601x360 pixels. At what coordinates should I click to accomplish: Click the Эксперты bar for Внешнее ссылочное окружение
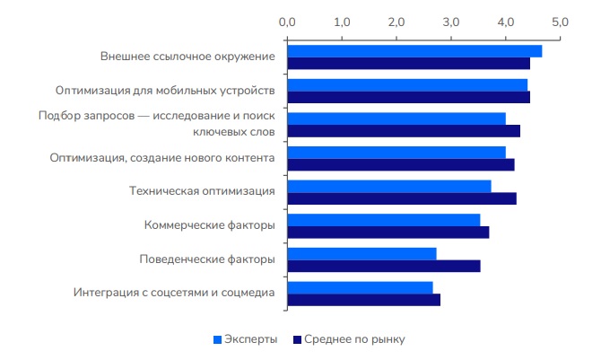(414, 50)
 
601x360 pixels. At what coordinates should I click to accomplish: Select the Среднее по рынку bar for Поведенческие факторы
(384, 266)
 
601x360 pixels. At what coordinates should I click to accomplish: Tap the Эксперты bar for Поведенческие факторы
(361, 253)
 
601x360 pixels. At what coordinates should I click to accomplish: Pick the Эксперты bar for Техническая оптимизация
(389, 186)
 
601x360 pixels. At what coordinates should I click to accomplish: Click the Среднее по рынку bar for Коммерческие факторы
(388, 233)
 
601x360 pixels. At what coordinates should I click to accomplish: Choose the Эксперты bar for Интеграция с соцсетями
(360, 287)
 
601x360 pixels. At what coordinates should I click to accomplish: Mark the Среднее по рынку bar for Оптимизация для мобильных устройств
(409, 97)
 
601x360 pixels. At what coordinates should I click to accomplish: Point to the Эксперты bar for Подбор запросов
(396, 119)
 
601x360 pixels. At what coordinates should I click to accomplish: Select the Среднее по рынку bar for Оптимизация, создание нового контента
(401, 164)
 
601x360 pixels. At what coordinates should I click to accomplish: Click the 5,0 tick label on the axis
(561, 21)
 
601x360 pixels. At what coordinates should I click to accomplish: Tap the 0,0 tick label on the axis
(287, 21)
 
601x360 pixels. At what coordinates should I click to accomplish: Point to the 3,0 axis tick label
(451, 21)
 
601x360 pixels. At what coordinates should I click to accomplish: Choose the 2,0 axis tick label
(396, 21)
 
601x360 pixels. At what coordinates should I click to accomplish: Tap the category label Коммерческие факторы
(209, 225)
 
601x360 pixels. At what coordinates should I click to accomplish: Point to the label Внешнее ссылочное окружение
(187, 57)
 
